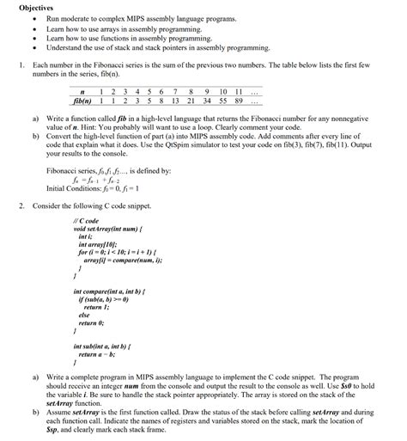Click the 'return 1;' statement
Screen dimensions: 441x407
click(x=95, y=307)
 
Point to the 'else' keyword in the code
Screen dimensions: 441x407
click(x=84, y=315)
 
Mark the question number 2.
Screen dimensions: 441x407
click(x=21, y=207)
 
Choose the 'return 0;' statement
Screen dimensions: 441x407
click(x=95, y=322)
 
